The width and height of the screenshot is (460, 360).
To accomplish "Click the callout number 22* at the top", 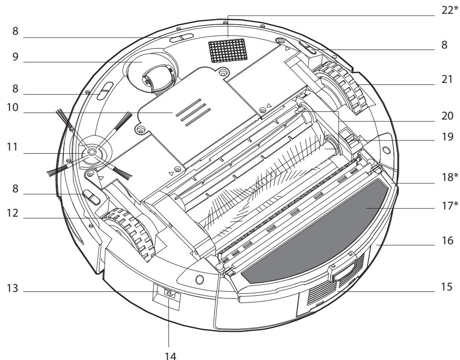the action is pos(450,10).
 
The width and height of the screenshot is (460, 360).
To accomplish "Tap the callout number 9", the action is pos(16,57).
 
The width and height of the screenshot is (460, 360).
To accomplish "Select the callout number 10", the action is pos(13,108).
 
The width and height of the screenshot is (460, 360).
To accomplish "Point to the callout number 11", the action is pos(12,147).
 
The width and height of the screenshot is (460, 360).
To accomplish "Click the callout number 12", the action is pos(13,213).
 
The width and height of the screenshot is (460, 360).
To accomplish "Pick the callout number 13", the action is pos(13,289).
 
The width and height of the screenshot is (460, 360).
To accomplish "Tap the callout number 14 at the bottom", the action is pos(170,356).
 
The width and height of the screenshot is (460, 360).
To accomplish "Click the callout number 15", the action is pos(447,287).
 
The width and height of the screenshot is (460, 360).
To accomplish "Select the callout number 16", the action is pos(447,241).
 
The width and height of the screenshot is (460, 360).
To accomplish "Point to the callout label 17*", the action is pos(450,206).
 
